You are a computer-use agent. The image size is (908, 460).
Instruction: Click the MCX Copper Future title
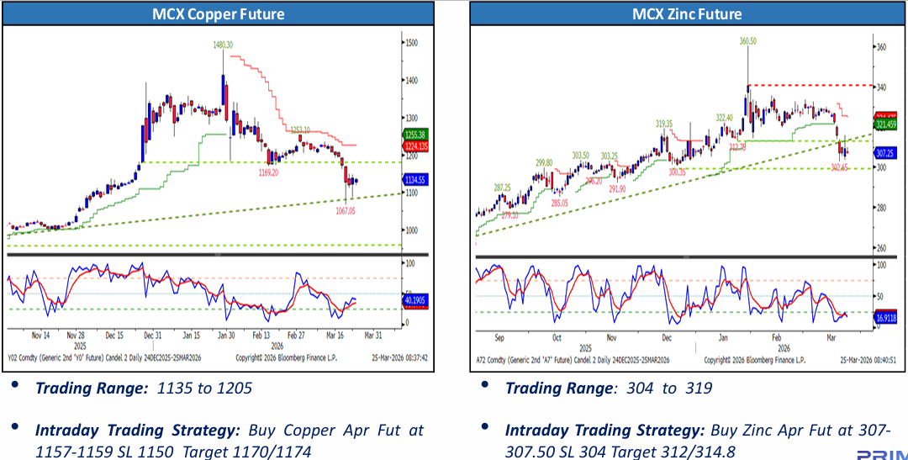pos(218,14)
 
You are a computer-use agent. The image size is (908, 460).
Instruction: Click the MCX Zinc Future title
pos(687,14)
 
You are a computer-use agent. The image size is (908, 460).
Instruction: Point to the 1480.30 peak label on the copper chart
pos(223,44)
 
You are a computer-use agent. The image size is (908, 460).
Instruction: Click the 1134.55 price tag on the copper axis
pos(417,179)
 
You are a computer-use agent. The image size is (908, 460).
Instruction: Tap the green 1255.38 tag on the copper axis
pos(417,135)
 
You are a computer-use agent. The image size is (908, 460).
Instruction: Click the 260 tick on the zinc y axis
pos(880,248)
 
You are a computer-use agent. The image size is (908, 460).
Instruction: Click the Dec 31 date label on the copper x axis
pos(154,333)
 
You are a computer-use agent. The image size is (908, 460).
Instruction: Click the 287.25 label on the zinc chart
pos(503,188)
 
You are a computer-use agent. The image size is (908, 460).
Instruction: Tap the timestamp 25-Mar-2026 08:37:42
pos(400,357)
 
